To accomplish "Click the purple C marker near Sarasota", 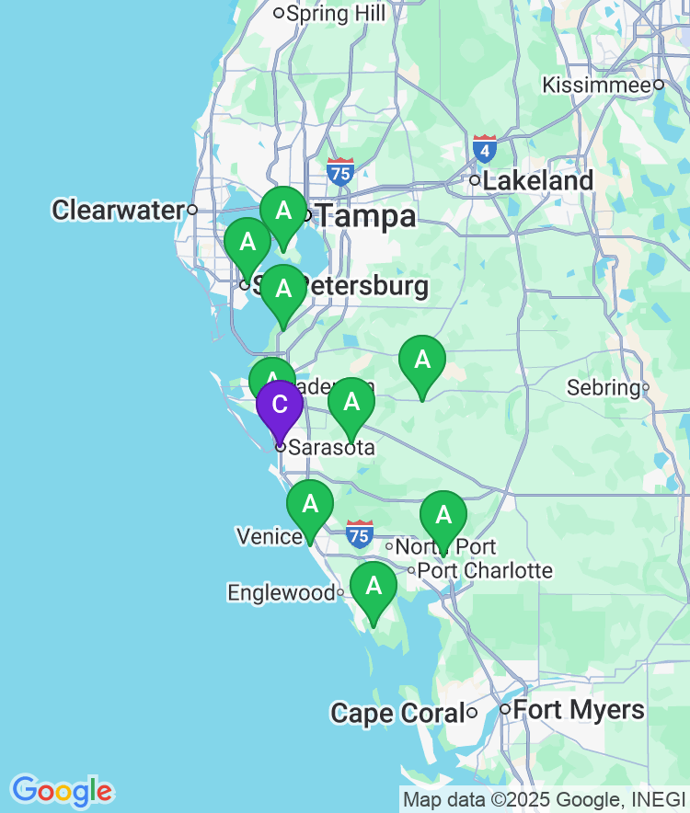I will click(x=280, y=406).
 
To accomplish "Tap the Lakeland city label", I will click(x=537, y=181).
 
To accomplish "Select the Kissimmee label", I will click(x=596, y=85).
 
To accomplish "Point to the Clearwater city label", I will click(x=119, y=210).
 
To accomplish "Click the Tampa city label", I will click(x=366, y=217).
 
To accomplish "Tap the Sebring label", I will click(x=604, y=387).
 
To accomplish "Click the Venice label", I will click(x=270, y=536).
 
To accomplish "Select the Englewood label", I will click(x=282, y=593).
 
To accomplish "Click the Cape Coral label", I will click(x=397, y=713).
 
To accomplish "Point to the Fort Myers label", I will click(x=578, y=710).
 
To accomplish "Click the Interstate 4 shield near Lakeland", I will click(x=485, y=147).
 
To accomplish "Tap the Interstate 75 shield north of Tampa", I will click(x=340, y=170).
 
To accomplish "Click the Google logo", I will click(x=62, y=791).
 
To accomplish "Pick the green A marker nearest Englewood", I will click(x=374, y=587).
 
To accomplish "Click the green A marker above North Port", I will click(x=443, y=515).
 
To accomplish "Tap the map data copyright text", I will click(x=544, y=800).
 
